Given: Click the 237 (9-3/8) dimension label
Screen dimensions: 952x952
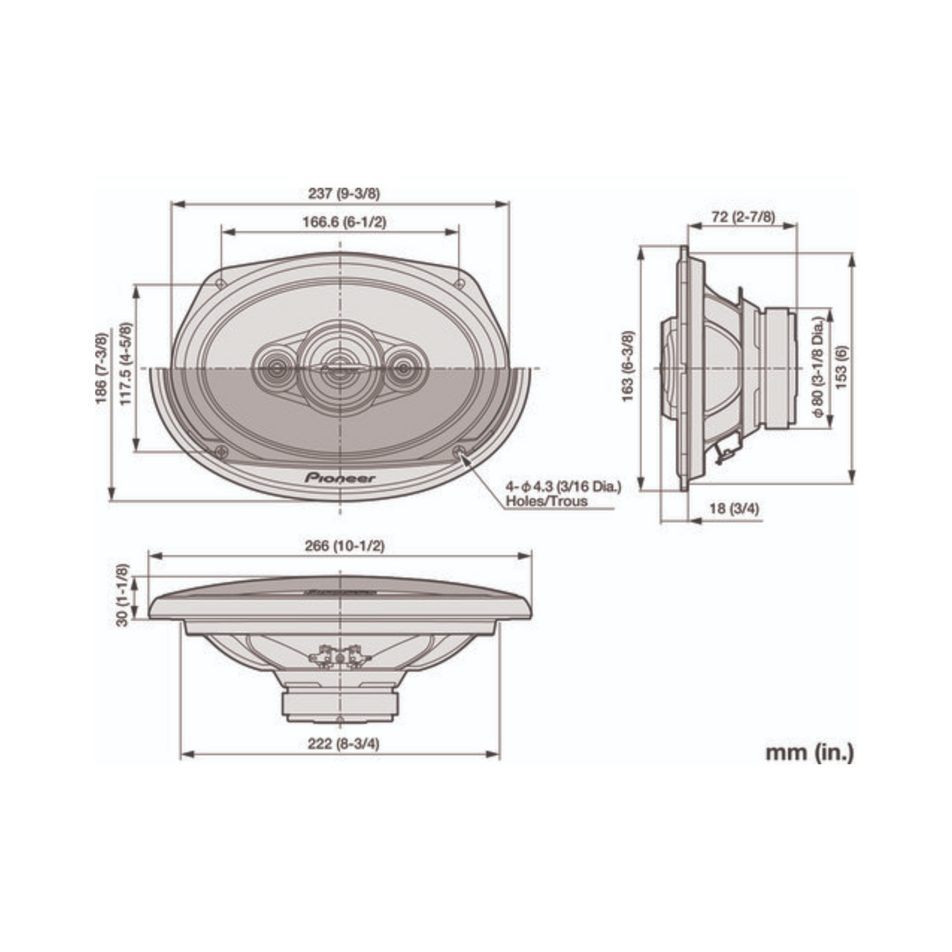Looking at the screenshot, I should click(x=340, y=193).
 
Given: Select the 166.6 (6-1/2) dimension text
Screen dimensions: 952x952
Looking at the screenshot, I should click(x=344, y=222).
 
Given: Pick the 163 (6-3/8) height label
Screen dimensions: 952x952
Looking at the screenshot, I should click(x=628, y=365).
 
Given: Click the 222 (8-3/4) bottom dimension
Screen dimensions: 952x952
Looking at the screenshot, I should click(x=343, y=744).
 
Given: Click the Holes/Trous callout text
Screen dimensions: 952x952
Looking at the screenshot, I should click(x=547, y=500).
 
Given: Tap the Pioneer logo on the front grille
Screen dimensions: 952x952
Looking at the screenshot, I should click(x=340, y=478).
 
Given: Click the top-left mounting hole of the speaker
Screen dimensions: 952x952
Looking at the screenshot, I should click(x=221, y=284).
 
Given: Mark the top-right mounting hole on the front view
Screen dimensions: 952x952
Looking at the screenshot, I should click(x=460, y=284).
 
